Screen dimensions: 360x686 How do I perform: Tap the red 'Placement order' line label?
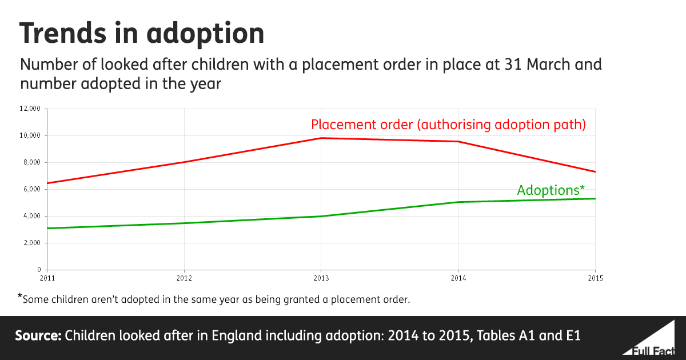[x=448, y=125]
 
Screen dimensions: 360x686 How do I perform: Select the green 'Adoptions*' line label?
[x=551, y=190]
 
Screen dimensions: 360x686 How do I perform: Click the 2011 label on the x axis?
[x=47, y=278]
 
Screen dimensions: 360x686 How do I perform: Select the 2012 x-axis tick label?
[x=184, y=278]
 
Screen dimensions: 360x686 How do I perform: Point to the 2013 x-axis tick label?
[x=321, y=278]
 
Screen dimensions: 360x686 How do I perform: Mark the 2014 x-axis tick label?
[x=458, y=278]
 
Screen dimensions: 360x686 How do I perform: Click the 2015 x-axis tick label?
[x=595, y=278]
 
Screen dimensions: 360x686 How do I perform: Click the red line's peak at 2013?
[x=321, y=138]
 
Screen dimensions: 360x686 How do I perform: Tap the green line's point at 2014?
[x=458, y=202]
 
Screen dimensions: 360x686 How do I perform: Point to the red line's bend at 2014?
[x=458, y=141]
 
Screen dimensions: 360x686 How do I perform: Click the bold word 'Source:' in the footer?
[x=38, y=335]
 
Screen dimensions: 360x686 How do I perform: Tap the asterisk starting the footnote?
[x=20, y=297]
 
